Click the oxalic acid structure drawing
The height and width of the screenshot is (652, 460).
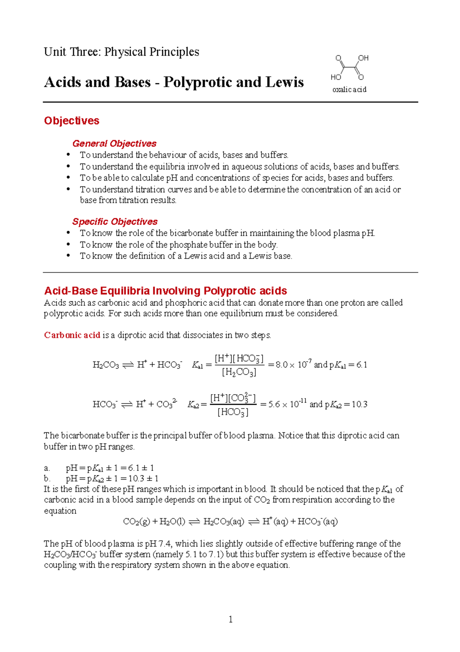(349, 68)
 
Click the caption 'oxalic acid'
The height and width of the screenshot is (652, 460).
(349, 89)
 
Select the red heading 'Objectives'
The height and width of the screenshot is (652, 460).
(72, 121)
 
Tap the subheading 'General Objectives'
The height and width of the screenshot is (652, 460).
(114, 144)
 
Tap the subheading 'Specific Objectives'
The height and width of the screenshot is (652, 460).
(115, 222)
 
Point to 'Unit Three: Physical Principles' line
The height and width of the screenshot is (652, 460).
(122, 52)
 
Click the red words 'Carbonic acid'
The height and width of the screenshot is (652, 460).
(72, 335)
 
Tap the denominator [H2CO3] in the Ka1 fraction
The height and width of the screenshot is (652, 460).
(239, 372)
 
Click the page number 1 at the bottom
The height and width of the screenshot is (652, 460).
(230, 619)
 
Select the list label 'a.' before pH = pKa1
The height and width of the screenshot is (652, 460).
(47, 468)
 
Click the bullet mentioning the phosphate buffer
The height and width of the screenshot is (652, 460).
(178, 245)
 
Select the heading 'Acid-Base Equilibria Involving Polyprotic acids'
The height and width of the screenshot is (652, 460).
(166, 291)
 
